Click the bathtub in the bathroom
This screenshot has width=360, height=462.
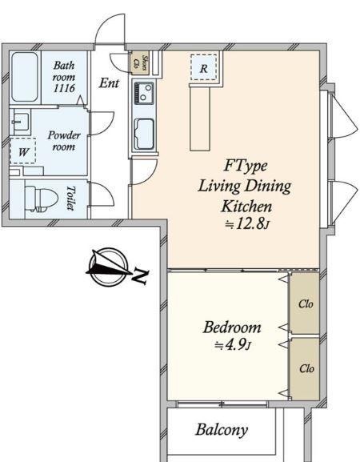pyautogui.click(x=25, y=77)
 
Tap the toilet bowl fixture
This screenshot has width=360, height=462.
pyautogui.click(x=42, y=199)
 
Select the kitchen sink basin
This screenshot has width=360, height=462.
pyautogui.click(x=144, y=134)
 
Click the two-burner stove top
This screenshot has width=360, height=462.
pyautogui.click(x=144, y=93)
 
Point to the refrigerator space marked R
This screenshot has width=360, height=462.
pyautogui.click(x=203, y=68)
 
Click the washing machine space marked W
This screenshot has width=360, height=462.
pyautogui.click(x=23, y=151)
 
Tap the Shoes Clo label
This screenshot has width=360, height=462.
pyautogui.click(x=140, y=63)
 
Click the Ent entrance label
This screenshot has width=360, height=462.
pyautogui.click(x=110, y=83)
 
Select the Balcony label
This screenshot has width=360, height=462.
pyautogui.click(x=222, y=430)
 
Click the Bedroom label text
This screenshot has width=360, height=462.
pyautogui.click(x=232, y=327)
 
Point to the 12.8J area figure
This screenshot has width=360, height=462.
pyautogui.click(x=247, y=224)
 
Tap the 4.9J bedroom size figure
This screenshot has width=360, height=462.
pyautogui.click(x=233, y=344)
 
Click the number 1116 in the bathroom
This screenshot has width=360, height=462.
pyautogui.click(x=64, y=88)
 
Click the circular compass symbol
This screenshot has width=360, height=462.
pyautogui.click(x=108, y=267)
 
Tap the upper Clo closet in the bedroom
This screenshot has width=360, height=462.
pyautogui.click(x=305, y=303)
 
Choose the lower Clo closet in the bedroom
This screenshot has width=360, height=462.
pyautogui.click(x=305, y=368)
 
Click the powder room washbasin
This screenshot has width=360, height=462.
pyautogui.click(x=20, y=122)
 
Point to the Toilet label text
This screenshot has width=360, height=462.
pyautogui.click(x=70, y=198)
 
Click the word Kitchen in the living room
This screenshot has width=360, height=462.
pyautogui.click(x=246, y=206)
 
